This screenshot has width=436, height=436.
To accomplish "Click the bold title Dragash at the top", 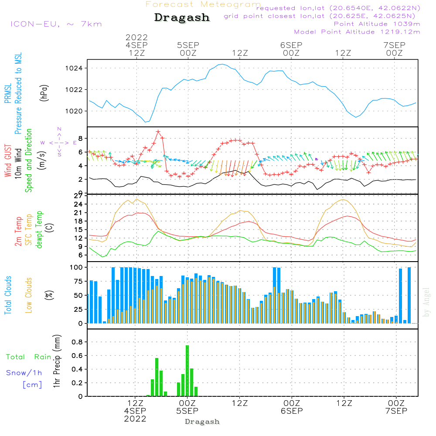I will [182, 18].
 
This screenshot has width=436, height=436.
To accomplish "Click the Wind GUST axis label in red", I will [8, 161].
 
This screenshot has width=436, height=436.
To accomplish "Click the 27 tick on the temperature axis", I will [79, 196].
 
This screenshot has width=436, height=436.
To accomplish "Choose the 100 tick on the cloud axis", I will [77, 267].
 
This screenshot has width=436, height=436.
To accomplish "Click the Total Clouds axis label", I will [8, 295].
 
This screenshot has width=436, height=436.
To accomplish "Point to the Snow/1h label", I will [24, 373].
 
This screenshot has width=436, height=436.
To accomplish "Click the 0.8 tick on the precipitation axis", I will [77, 342].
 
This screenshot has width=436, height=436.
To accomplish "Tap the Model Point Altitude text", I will [357, 32].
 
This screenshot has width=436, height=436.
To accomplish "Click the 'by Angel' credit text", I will [426, 302].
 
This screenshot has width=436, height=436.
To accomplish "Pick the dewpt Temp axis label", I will [39, 230].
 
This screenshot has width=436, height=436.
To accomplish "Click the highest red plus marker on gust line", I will [158, 132].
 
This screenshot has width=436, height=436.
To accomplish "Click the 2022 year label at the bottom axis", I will [135, 419].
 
